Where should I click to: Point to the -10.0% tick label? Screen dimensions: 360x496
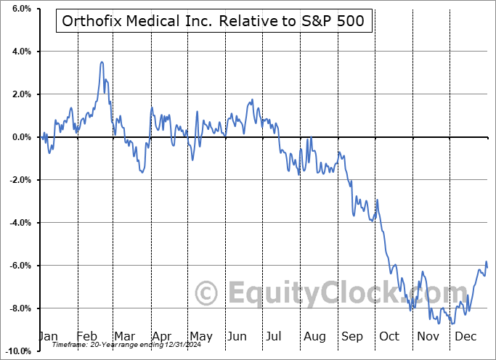click(17, 351)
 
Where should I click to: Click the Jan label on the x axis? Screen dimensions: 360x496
click(47, 336)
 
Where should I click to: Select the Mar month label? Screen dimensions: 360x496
click(124, 336)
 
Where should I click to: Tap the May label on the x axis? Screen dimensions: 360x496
click(200, 336)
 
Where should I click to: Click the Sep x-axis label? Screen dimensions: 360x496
click(353, 336)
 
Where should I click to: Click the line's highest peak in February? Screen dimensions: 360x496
click(102, 62)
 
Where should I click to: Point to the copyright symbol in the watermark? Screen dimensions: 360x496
click(208, 294)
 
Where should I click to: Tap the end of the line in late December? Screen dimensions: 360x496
click(487, 267)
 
